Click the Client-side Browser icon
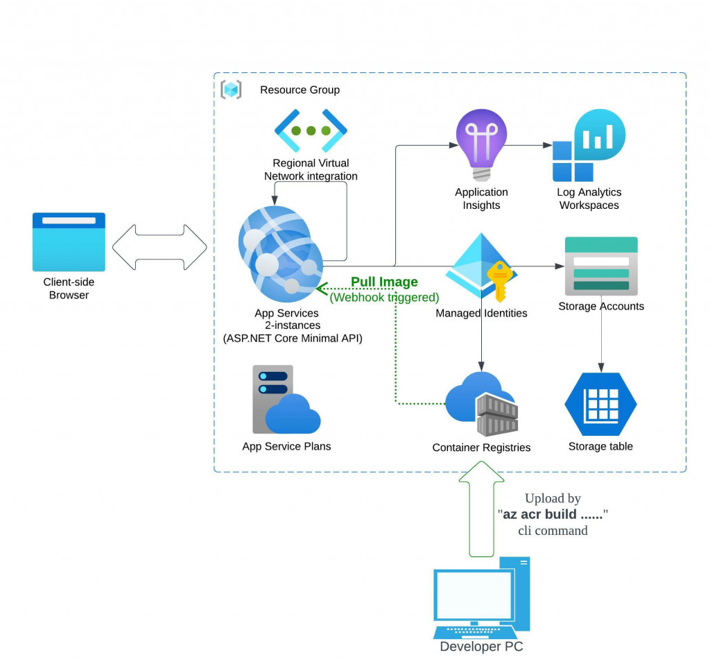coord(69,241)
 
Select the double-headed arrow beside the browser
coord(159,246)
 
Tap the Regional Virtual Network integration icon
coord(311,130)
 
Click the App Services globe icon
coord(282,250)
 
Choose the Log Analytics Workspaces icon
coord(589,146)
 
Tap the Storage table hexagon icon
coord(600,405)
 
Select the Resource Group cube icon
coord(231,90)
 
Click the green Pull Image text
coord(384,282)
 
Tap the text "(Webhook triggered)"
coord(384,297)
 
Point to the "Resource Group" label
coord(300,90)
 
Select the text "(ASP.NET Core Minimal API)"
coord(293,339)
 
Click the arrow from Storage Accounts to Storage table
coord(600,341)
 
